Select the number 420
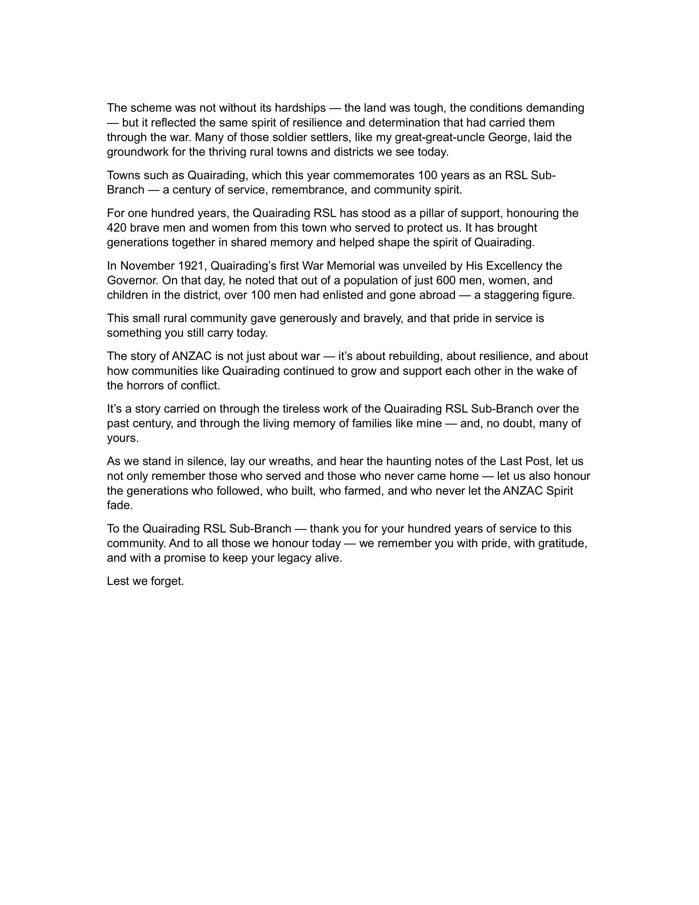[116, 228]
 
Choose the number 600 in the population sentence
[447, 281]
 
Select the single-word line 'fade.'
[120, 506]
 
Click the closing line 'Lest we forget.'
[145, 581]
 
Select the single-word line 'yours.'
[123, 439]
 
